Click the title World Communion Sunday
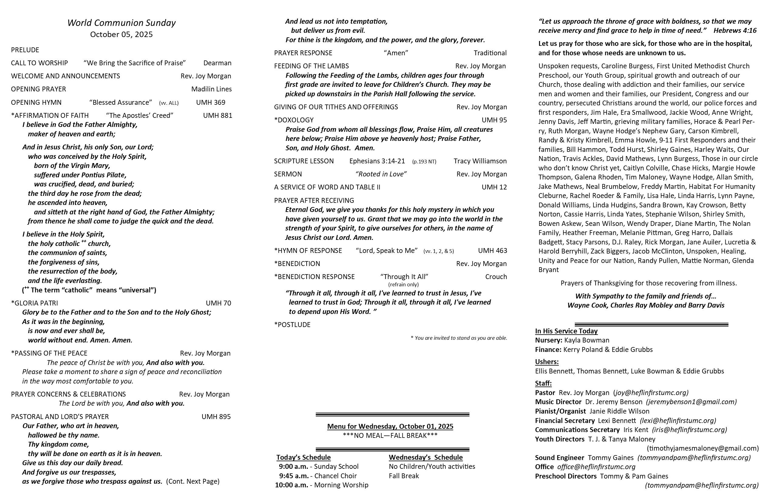click(x=121, y=23)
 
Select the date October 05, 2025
click(x=121, y=35)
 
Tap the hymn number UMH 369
click(x=210, y=103)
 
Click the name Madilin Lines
click(x=211, y=89)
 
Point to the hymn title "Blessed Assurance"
click(x=121, y=103)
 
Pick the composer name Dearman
click(x=217, y=63)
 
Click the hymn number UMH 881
click(x=218, y=115)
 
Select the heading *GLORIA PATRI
click(x=35, y=303)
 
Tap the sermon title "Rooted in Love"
click(x=381, y=174)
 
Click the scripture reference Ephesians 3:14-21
click(x=377, y=161)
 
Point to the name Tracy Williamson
click(x=480, y=161)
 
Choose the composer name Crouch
click(x=496, y=277)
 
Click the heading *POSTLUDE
click(x=292, y=325)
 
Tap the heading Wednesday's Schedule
click(x=426, y=457)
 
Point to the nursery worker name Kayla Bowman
click(x=587, y=340)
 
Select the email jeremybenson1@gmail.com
click(x=691, y=402)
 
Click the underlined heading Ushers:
click(x=547, y=362)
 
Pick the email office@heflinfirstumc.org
click(x=596, y=467)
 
